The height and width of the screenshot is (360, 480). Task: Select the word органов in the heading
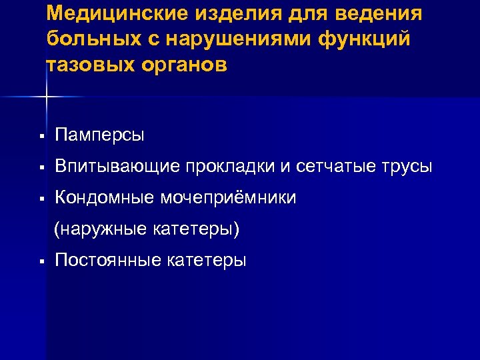[186, 66]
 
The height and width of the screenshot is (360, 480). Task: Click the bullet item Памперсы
[99, 136]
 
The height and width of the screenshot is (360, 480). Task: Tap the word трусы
[408, 167]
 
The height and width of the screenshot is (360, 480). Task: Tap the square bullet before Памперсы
[41, 137]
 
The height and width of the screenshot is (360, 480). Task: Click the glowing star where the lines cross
[46, 97]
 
